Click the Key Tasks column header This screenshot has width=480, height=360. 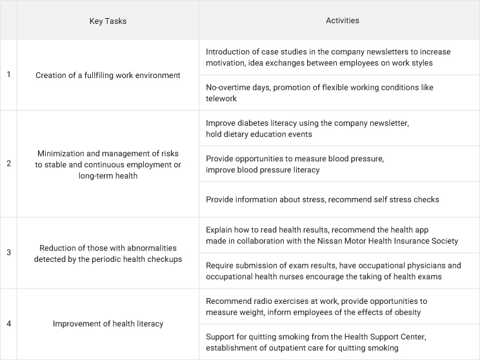click(x=108, y=21)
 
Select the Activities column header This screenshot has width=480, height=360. click(x=342, y=21)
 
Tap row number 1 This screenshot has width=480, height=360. click(x=8, y=75)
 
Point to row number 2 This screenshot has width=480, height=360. click(x=8, y=164)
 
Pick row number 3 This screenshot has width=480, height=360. click(x=8, y=252)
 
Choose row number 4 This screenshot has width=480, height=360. click(x=8, y=323)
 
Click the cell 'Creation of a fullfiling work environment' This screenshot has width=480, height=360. click(x=108, y=75)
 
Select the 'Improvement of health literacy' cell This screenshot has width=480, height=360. click(x=108, y=323)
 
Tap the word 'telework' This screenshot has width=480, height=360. click(x=222, y=99)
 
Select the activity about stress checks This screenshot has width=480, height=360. click(x=322, y=199)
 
